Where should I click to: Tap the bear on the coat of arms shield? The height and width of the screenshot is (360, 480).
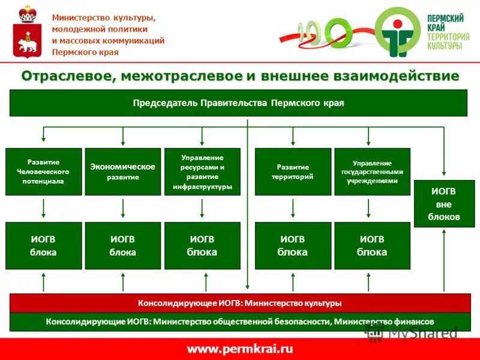pos(26,43)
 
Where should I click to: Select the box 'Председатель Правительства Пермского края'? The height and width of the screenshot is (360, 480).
pos(238,103)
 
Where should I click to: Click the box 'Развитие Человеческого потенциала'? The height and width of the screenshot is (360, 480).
pos(44,172)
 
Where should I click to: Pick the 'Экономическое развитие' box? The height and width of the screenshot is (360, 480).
pos(122,172)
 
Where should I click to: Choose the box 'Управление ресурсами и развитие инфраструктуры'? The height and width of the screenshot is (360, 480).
pos(202,172)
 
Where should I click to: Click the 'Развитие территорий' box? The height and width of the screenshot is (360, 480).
pos(293,172)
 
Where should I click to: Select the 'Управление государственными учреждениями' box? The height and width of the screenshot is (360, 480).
pos(372,172)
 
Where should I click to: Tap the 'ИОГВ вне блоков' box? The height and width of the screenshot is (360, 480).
pos(444,203)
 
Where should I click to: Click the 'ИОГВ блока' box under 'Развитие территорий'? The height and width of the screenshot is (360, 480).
pos(293,245)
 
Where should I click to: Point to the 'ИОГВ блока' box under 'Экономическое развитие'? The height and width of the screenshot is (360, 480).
pos(122,245)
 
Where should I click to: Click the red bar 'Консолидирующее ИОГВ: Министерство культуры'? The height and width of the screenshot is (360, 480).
pos(238,303)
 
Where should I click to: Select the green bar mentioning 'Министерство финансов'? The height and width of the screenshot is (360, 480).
pos(238,322)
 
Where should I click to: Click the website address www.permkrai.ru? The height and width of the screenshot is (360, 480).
pos(239,349)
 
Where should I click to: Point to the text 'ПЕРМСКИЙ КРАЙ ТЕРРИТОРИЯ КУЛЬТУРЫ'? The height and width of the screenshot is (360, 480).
pos(448,32)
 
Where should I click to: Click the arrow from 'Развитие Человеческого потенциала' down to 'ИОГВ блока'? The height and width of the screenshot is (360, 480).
pos(44,208)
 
